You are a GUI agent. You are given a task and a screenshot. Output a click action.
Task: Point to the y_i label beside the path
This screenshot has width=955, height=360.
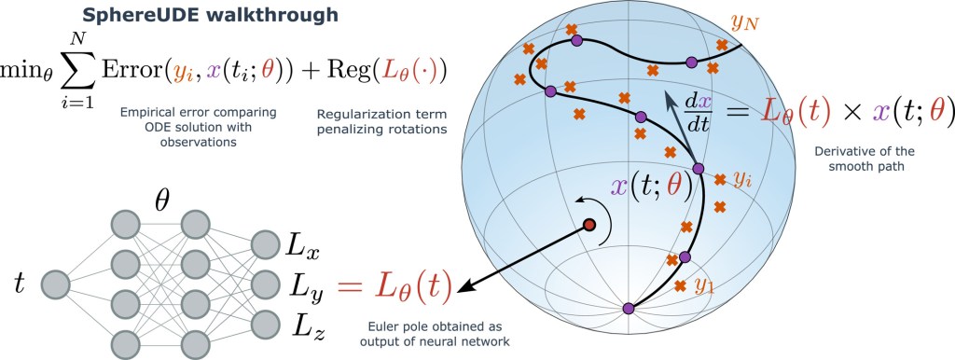tap(742, 180)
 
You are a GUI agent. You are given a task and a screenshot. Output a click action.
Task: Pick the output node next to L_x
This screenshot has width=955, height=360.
tap(264, 246)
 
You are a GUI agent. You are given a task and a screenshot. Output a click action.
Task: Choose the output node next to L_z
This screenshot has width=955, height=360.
tap(264, 324)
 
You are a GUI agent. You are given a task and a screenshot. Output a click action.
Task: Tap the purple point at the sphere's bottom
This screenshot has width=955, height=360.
tap(628, 309)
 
